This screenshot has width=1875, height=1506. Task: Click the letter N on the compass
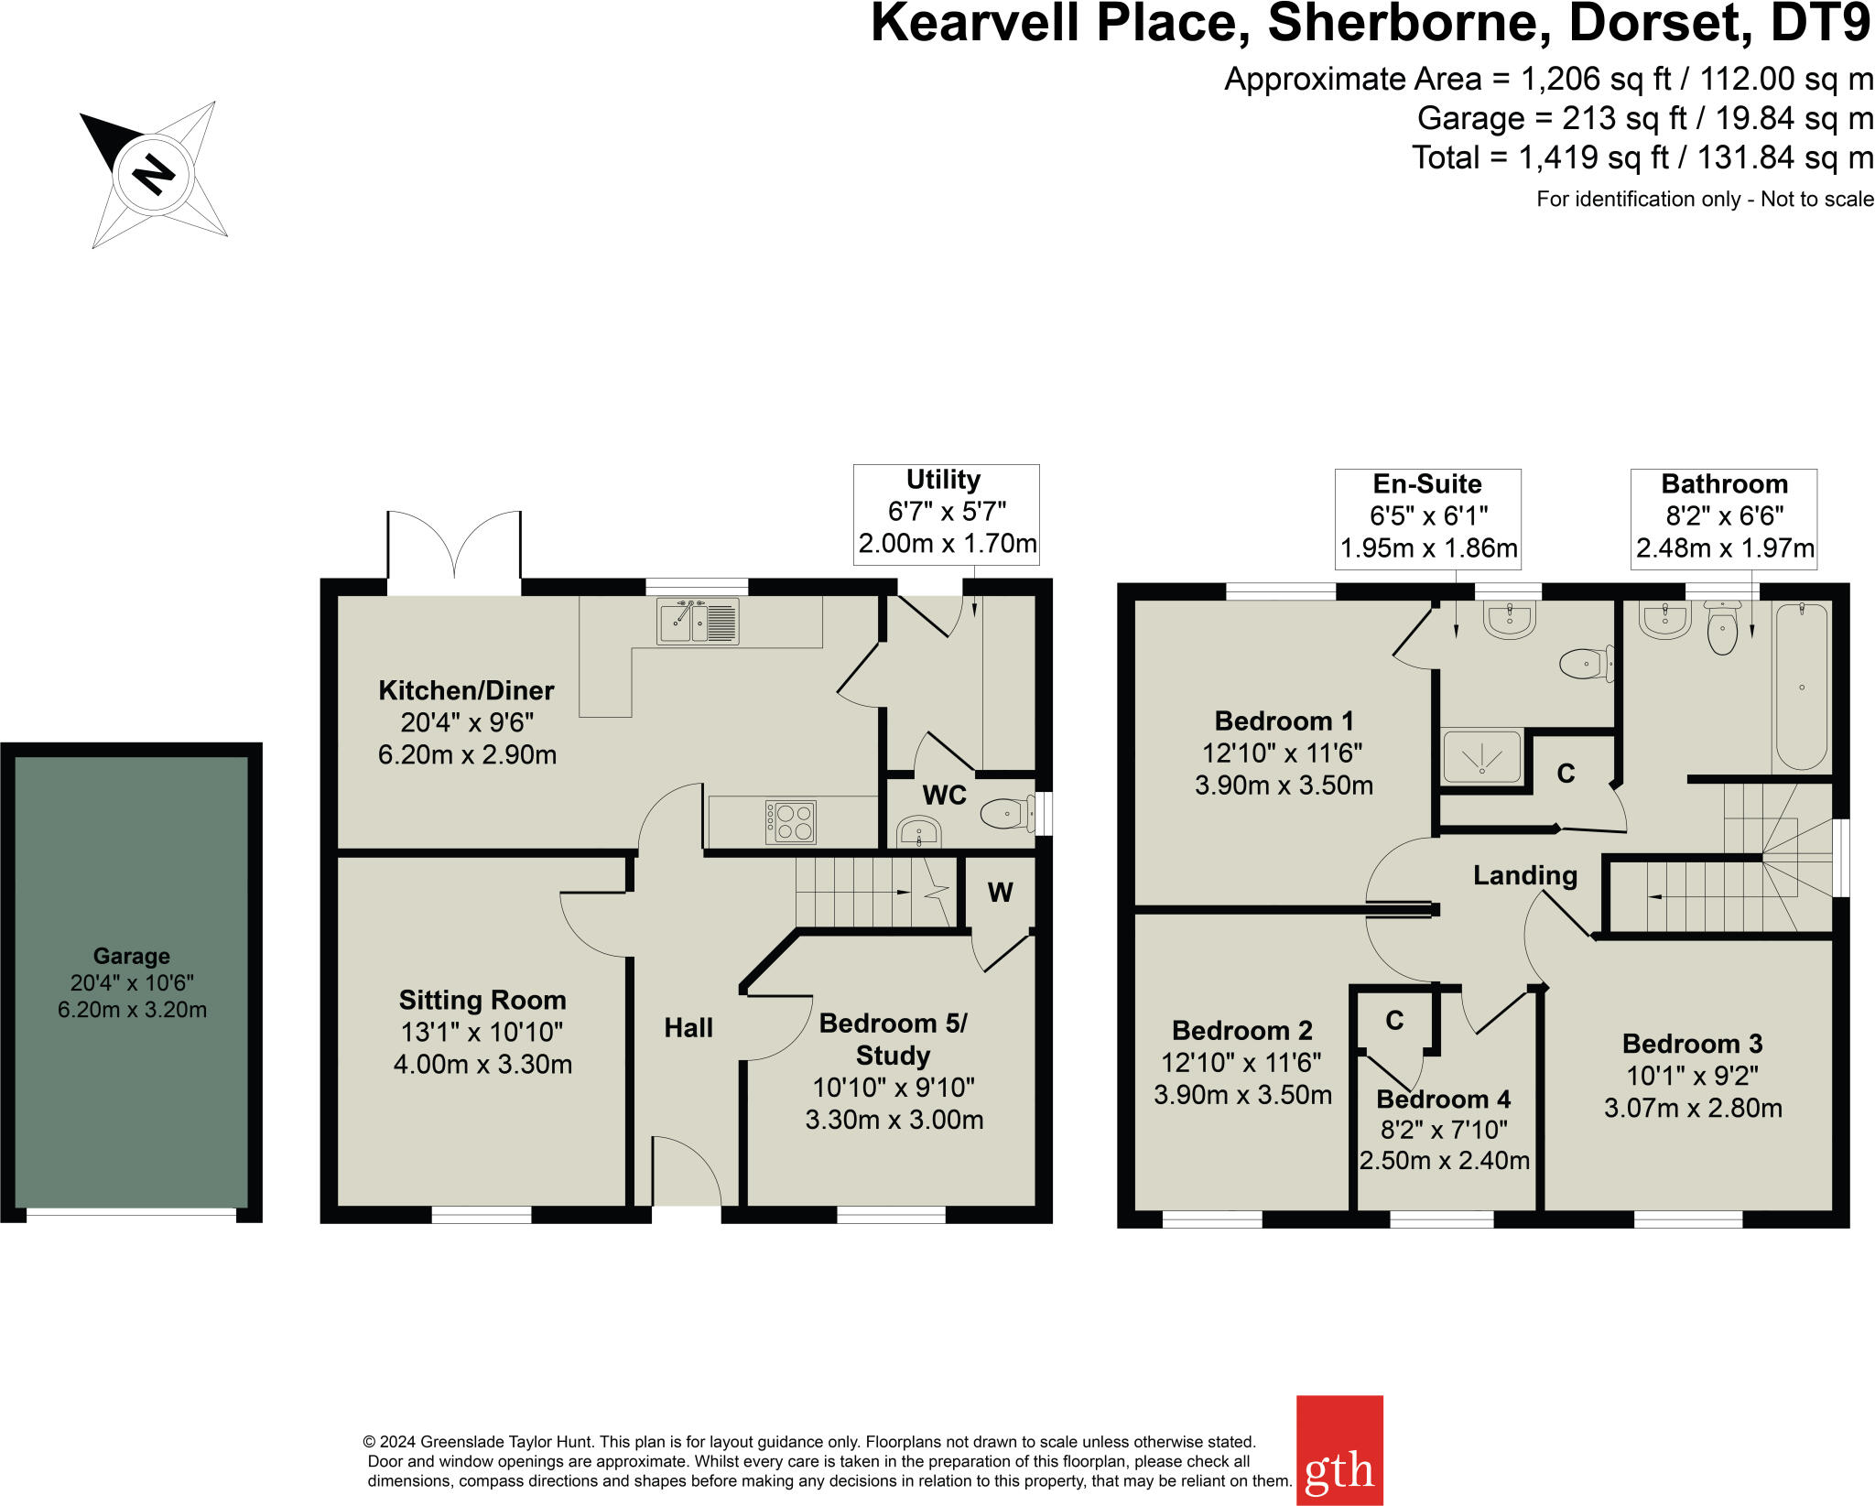[153, 173]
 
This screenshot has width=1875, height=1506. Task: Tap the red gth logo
[1339, 1450]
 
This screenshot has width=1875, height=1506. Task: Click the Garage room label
[132, 956]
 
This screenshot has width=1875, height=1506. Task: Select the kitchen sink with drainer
[698, 622]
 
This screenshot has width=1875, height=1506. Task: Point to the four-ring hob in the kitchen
[791, 821]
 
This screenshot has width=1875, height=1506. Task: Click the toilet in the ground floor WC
[1005, 812]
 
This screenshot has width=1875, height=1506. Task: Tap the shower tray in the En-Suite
[1481, 757]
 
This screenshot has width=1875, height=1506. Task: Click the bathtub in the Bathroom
[1801, 686]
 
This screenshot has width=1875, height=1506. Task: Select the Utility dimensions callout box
[946, 514]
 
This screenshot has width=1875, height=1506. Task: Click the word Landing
[1524, 875]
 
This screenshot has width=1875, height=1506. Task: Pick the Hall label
[688, 1028]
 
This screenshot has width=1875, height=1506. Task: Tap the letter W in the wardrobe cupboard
[1000, 893]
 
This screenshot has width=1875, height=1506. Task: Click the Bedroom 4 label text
[1443, 1099]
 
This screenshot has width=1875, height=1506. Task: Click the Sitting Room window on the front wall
[482, 1215]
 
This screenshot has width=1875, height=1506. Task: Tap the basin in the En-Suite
[1509, 621]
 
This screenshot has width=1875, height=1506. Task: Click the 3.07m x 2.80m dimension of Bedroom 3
[1692, 1108]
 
